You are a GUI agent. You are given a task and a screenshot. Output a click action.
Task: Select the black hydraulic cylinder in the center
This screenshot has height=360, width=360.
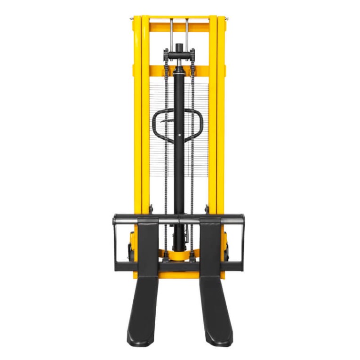(180, 155)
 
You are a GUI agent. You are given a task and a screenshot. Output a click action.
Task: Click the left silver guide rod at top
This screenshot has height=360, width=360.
(171, 33)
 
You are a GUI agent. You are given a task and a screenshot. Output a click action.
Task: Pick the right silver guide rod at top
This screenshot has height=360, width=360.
(187, 33)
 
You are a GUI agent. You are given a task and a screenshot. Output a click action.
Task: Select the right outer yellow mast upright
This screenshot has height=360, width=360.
(221, 118)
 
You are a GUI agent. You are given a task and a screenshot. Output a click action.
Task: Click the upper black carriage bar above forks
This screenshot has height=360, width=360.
(180, 218)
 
